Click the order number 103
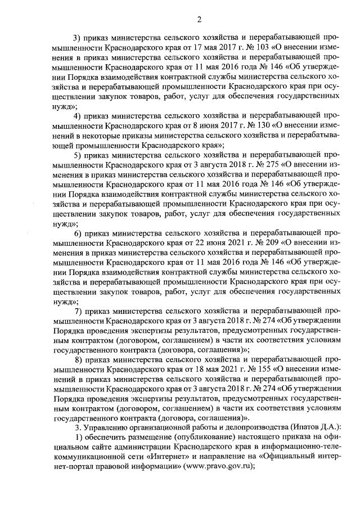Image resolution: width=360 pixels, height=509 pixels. (x=262, y=48)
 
